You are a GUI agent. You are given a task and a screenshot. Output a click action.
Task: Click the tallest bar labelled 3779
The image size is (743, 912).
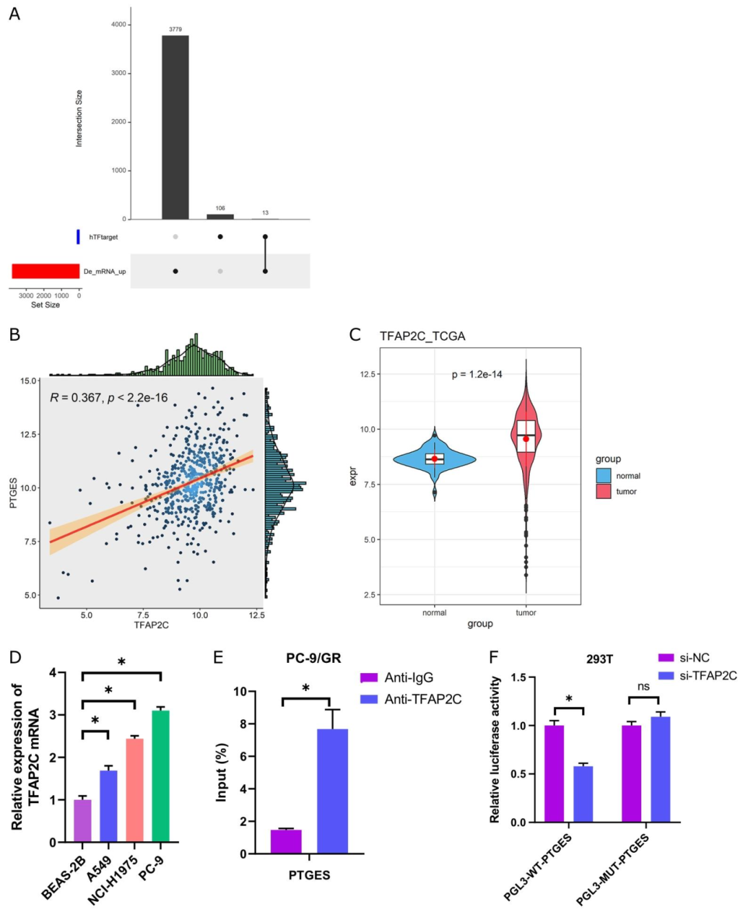(x=175, y=127)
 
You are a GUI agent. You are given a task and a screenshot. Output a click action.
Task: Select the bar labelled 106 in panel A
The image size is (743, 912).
(x=220, y=216)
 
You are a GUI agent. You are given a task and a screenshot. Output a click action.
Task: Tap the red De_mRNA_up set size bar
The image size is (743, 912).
(x=45, y=271)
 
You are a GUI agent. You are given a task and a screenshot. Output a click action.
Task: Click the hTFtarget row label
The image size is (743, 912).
(x=103, y=237)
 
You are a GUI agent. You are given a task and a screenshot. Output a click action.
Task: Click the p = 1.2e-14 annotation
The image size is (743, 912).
(x=477, y=374)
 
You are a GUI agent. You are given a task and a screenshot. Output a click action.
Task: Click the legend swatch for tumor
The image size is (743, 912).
(x=603, y=491)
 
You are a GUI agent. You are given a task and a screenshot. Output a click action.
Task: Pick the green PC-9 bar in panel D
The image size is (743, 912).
(x=160, y=776)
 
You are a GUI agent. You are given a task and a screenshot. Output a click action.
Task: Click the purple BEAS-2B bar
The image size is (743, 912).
(x=83, y=820)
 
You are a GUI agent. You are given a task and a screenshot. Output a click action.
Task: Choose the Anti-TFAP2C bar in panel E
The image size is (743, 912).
(x=332, y=791)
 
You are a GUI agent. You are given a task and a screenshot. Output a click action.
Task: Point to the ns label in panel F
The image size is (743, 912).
(x=643, y=686)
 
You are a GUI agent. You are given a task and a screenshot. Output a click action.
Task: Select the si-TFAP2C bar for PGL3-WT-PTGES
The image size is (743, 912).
(x=583, y=794)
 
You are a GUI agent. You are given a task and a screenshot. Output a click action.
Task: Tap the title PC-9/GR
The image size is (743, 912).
(x=314, y=658)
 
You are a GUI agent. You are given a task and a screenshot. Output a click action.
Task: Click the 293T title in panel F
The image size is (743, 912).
(x=599, y=659)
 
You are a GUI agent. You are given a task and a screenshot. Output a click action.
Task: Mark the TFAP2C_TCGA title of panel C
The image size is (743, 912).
(x=422, y=336)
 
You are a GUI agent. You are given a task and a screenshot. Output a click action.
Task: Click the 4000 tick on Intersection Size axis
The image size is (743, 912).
(x=118, y=25)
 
